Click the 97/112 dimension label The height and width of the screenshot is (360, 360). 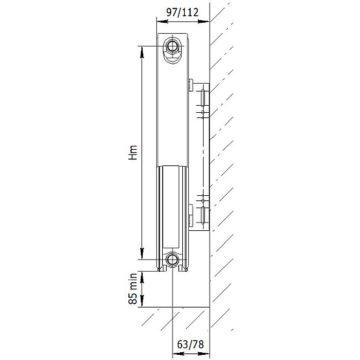182,12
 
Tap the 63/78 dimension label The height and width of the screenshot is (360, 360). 190,344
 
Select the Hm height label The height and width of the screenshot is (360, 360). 133,152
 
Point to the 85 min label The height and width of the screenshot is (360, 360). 133,289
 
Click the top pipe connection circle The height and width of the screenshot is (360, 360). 172,46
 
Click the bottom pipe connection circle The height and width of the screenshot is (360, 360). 172,259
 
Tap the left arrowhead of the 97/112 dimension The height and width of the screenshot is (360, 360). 162,21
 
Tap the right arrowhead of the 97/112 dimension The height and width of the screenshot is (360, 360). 204,21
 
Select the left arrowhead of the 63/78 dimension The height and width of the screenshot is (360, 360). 178,353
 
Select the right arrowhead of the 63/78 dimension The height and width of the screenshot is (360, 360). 204,353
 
